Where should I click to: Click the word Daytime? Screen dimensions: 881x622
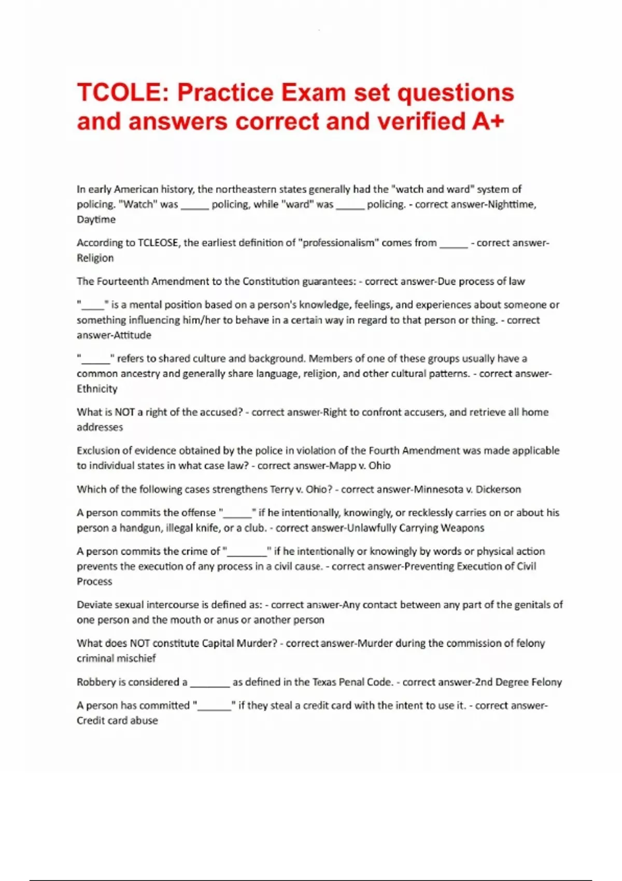(x=96, y=219)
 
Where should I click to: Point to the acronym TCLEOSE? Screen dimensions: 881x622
(x=158, y=243)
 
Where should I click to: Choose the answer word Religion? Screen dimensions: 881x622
(x=95, y=258)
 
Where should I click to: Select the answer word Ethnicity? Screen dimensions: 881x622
(x=97, y=389)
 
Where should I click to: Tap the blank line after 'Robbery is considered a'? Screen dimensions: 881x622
(x=210, y=684)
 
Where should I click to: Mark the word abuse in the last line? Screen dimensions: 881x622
(x=145, y=720)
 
